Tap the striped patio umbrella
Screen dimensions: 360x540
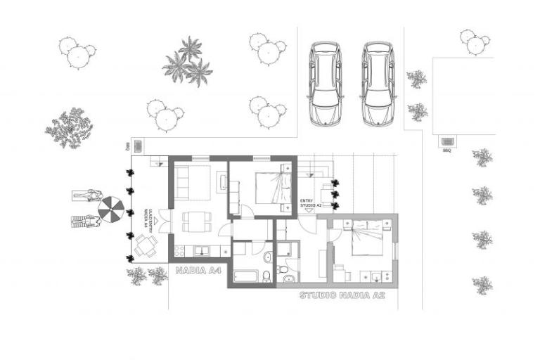(111, 208)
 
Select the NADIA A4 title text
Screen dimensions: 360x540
(199, 270)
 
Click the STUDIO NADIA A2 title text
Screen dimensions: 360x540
(342, 295)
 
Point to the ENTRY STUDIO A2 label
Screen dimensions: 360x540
(310, 202)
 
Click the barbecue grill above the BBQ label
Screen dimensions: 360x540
(447, 141)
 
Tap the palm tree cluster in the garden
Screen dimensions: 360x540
(188, 63)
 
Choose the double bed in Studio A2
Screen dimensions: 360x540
(366, 238)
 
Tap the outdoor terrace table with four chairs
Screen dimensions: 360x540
(146, 245)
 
